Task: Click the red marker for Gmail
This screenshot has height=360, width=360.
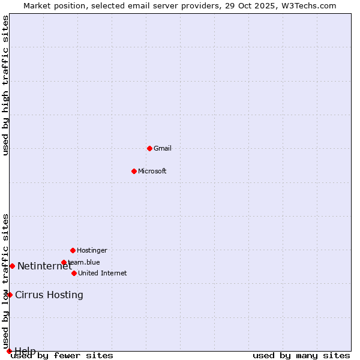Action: (x=149, y=148)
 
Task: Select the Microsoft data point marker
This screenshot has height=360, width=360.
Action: (x=134, y=171)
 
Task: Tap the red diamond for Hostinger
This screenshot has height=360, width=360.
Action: (x=73, y=250)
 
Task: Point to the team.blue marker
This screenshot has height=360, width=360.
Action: (x=64, y=262)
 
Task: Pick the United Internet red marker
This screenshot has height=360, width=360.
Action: (x=74, y=273)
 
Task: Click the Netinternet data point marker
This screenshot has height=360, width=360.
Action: (x=12, y=266)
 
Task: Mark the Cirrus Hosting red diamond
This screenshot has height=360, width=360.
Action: (x=10, y=295)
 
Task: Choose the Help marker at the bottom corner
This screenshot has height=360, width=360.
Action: (x=9, y=351)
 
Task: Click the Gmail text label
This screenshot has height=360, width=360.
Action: (x=163, y=148)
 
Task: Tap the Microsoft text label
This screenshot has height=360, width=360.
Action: (x=152, y=171)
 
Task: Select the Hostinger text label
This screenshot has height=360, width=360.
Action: (x=92, y=250)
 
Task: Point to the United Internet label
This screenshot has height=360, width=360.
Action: (x=103, y=273)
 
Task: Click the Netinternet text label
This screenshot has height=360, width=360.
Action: (x=44, y=266)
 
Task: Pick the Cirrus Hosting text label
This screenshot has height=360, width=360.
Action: (x=49, y=295)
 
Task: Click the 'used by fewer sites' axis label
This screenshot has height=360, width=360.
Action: (x=62, y=356)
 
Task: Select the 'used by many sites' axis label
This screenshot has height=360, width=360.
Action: (x=301, y=356)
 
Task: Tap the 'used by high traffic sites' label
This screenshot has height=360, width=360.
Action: (x=6, y=86)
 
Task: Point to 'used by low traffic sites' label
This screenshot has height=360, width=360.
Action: (x=6, y=281)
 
